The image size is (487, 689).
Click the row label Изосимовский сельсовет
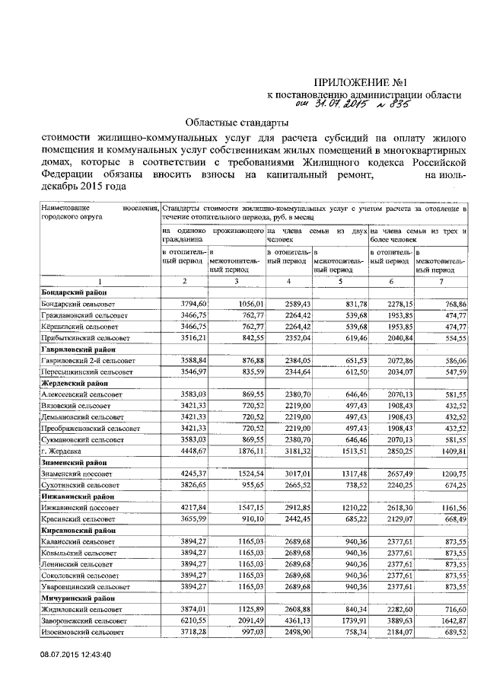pyautogui.click(x=83, y=632)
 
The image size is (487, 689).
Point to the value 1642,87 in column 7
pyautogui.click(x=450, y=621)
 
